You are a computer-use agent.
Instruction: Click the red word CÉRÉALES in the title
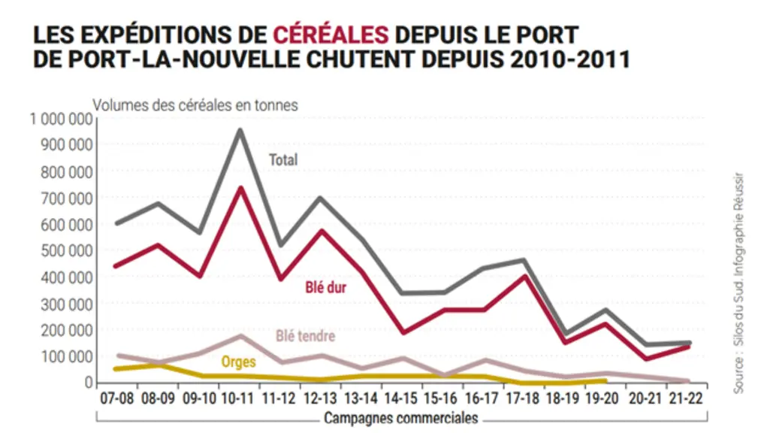coord(331,35)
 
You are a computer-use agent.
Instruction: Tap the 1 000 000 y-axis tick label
coord(62,119)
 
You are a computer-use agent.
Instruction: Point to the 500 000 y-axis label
coord(67,251)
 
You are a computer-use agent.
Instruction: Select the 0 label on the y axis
coord(88,383)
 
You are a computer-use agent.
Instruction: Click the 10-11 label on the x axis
coord(238,398)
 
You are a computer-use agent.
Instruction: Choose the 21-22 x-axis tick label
coord(686,398)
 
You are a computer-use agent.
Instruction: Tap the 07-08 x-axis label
coord(117,398)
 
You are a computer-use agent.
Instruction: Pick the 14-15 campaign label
coord(400,398)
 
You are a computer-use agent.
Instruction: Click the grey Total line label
coord(283,159)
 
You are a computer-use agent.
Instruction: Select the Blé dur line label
coord(326,287)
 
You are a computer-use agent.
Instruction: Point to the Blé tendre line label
coord(306,336)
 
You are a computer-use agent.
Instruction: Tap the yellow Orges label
coord(238,362)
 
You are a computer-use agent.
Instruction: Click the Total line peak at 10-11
coord(240,130)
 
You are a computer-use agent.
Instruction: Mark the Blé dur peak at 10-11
coord(240,188)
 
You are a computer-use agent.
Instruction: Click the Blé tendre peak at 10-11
coord(241,336)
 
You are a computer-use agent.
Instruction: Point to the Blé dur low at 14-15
coord(403,333)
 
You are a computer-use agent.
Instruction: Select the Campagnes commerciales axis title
coord(401,419)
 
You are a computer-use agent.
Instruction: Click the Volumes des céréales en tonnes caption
coord(195,105)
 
